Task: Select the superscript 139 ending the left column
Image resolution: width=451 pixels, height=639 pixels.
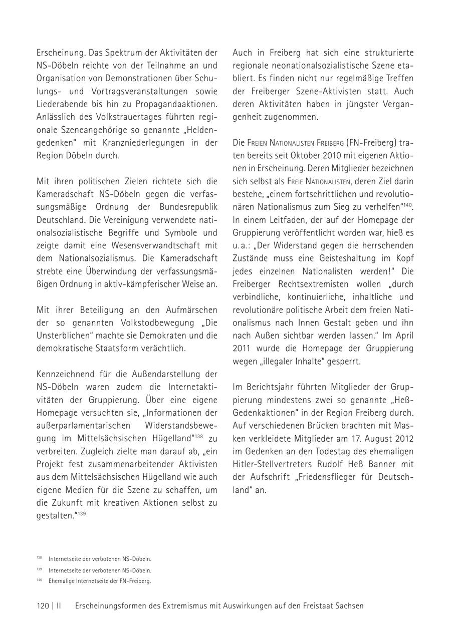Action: point(81,513)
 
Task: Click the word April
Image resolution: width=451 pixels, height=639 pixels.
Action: point(403,335)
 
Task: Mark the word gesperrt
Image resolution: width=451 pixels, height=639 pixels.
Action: point(343,361)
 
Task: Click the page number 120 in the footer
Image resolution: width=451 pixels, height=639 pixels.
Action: point(43,605)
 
